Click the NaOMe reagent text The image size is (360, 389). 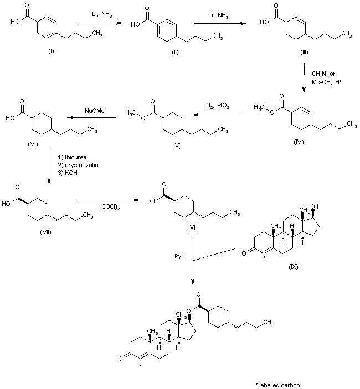tap(92, 111)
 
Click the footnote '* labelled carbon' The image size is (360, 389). tap(277, 383)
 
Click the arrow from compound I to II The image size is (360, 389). tap(101, 23)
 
